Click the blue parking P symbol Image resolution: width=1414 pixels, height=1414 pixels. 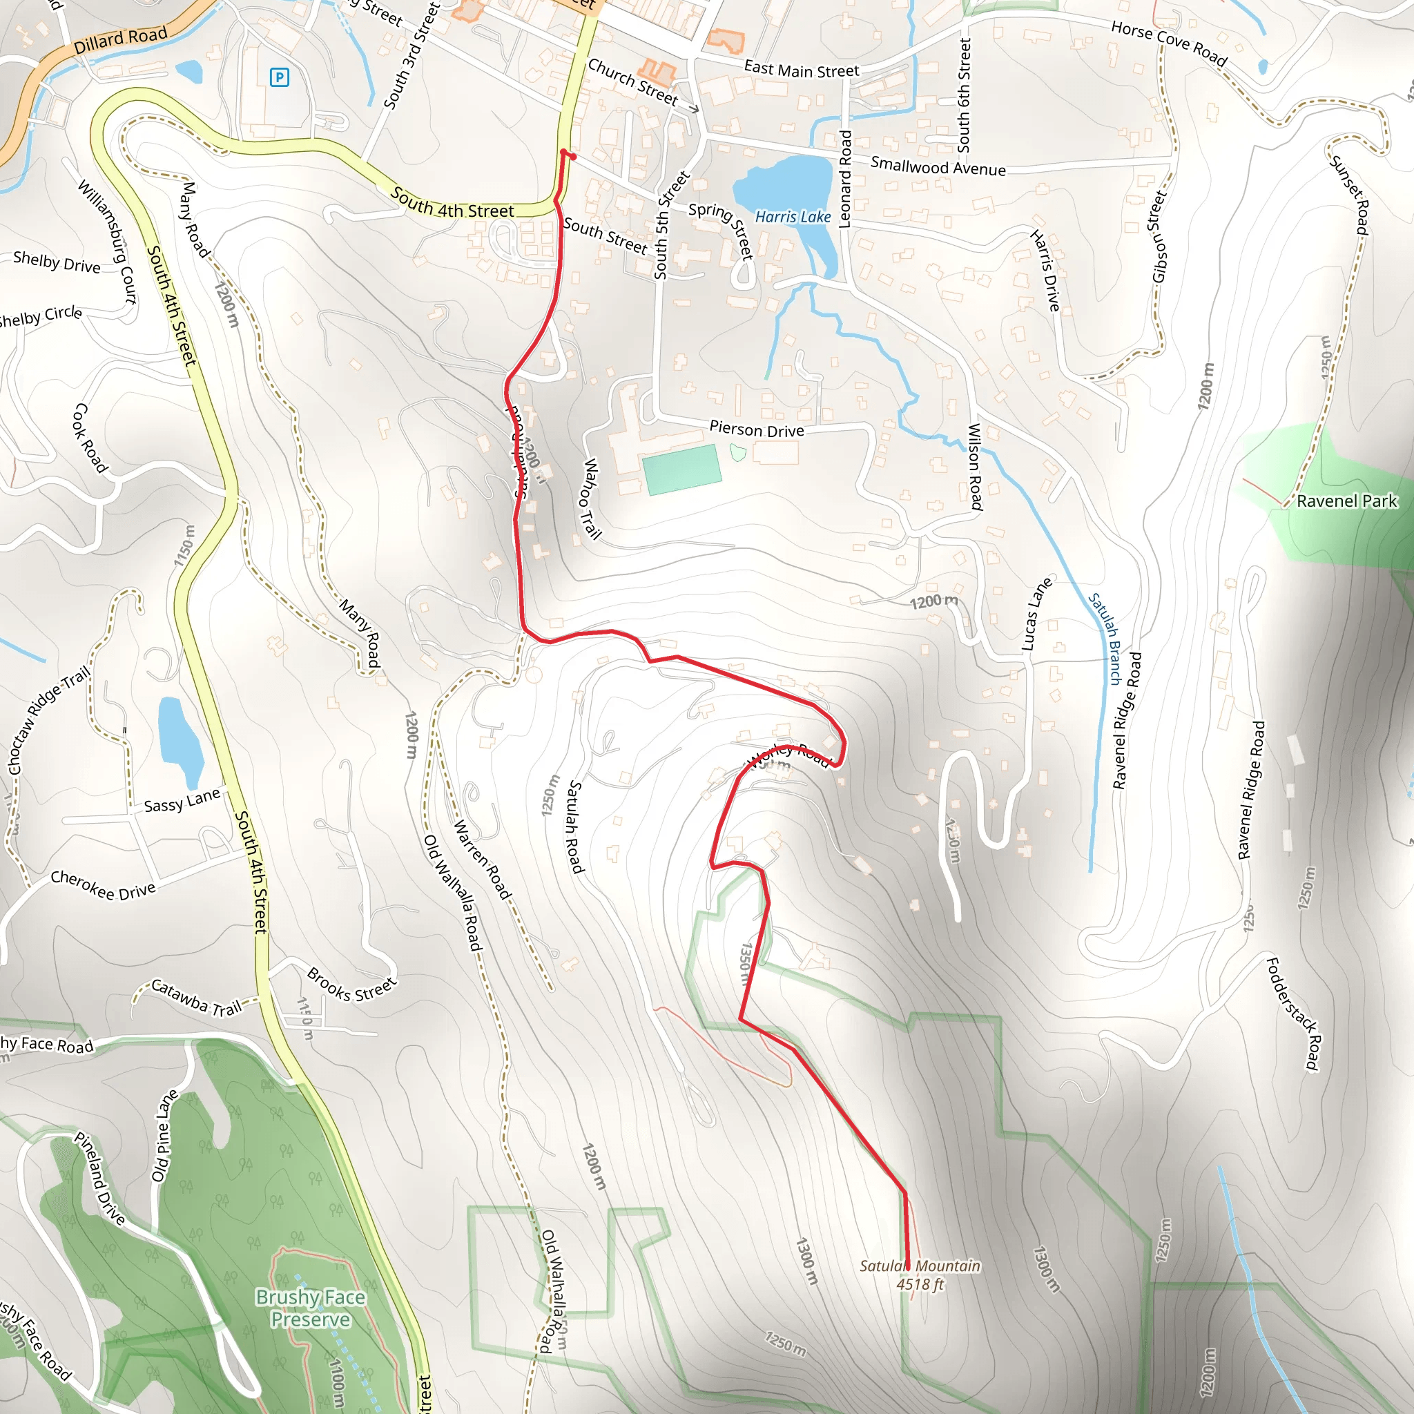[279, 77]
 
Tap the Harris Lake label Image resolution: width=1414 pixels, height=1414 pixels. [793, 217]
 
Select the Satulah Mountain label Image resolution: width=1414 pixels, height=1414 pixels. [920, 1266]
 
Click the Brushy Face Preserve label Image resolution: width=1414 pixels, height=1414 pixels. [310, 1308]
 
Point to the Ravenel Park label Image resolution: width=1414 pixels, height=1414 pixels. [1346, 501]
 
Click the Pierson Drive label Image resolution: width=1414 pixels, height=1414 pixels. [756, 429]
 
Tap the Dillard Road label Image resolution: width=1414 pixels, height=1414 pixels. [121, 40]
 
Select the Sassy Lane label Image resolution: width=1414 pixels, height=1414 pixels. [182, 800]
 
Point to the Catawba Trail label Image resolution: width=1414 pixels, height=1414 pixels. [196, 998]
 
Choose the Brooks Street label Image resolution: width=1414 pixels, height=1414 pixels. [351, 985]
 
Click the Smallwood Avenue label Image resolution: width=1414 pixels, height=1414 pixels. [938, 167]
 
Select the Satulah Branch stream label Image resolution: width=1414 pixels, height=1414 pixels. [1105, 638]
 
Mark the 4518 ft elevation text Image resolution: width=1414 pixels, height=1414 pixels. [920, 1284]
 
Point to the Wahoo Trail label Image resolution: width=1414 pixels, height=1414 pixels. [592, 498]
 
